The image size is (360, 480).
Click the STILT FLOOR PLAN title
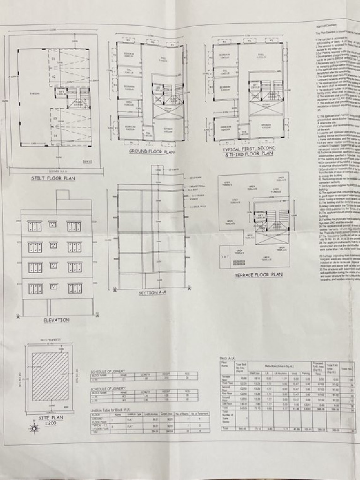pyautogui.click(x=53, y=178)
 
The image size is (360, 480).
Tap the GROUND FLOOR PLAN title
pyautogui.click(x=151, y=152)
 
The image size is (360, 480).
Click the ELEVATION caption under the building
pyautogui.click(x=57, y=320)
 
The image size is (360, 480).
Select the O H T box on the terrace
pyautogui.click(x=225, y=257)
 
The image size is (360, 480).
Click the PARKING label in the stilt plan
pyautogui.click(x=34, y=94)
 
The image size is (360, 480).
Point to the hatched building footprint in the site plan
pyautogui.click(x=50, y=376)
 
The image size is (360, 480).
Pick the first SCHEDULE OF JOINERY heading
pyautogui.click(x=108, y=371)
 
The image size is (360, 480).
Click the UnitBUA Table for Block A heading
pyautogui.click(x=110, y=409)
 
